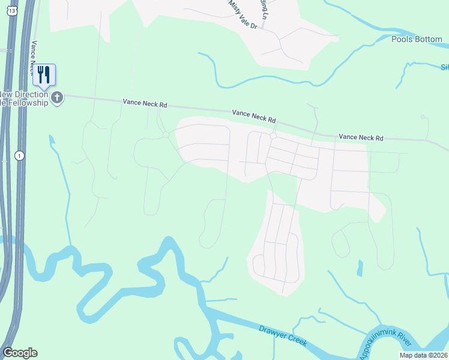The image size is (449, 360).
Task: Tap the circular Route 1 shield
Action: click(x=20, y=155)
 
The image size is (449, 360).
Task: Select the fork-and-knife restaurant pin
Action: click(x=44, y=74)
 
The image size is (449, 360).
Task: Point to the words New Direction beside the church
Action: click(x=24, y=94)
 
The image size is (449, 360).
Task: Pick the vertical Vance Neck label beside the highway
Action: click(x=34, y=58)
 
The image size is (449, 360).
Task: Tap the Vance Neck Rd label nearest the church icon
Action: click(x=145, y=104)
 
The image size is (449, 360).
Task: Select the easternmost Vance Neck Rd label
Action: click(x=361, y=137)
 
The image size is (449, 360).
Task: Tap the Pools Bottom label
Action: click(x=417, y=40)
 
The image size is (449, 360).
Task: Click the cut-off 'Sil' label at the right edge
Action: click(x=444, y=67)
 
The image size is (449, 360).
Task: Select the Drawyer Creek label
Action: click(x=283, y=336)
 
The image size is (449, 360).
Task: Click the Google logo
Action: click(x=20, y=353)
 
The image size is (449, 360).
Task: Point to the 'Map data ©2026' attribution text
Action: click(x=423, y=355)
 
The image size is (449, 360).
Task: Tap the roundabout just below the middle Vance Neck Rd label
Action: click(x=273, y=136)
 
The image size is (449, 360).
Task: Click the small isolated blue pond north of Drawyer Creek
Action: click(x=360, y=268)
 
